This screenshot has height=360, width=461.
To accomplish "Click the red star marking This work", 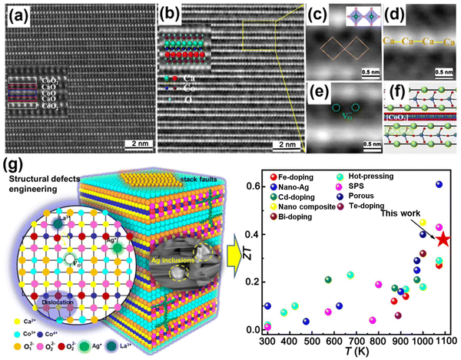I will [x=443, y=239].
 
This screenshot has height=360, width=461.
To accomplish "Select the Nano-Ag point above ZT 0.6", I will [x=439, y=184].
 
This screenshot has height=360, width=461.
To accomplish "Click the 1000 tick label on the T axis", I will [x=422, y=340].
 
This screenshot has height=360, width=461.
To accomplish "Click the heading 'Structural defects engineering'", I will [x=43, y=185].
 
